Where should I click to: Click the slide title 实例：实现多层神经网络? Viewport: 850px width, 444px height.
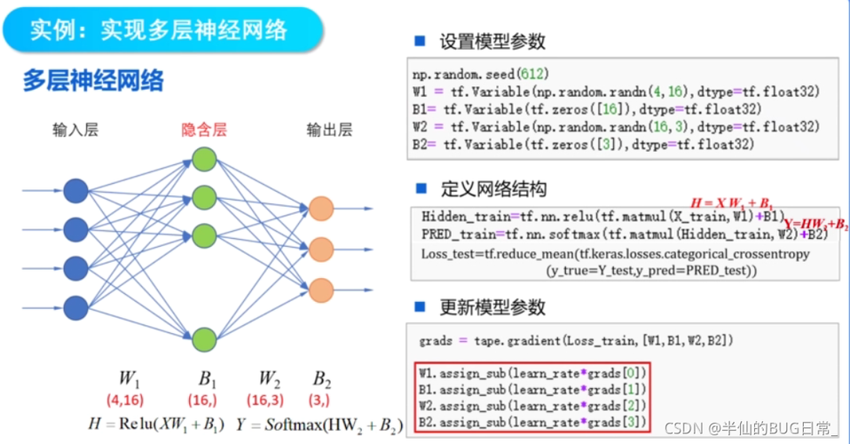pyautogui.click(x=160, y=30)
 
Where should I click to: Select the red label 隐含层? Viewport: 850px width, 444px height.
pyautogui.click(x=204, y=131)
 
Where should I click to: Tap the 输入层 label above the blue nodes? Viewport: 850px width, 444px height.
pyautogui.click(x=75, y=131)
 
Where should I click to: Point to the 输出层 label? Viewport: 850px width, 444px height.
pyautogui.click(x=329, y=131)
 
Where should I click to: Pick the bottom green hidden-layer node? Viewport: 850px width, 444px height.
pyautogui.click(x=204, y=338)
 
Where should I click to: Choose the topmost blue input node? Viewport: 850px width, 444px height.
pyautogui.click(x=75, y=190)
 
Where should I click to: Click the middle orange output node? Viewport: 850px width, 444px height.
pyautogui.click(x=321, y=248)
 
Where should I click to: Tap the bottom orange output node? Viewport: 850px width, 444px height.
pyautogui.click(x=321, y=288)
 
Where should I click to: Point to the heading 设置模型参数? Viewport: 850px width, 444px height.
pyautogui.click(x=492, y=42)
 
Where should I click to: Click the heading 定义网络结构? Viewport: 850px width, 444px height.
pyautogui.click(x=492, y=188)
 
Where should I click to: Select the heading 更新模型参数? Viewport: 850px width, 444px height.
pyautogui.click(x=492, y=308)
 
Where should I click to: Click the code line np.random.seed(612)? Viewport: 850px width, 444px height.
pyautogui.click(x=468, y=75)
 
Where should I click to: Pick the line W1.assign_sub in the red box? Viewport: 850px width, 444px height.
pyautogui.click(x=531, y=373)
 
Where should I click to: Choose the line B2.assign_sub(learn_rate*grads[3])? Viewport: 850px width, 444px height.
pyautogui.click(x=531, y=421)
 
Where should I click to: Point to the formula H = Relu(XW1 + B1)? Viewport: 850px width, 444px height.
pyautogui.click(x=157, y=424)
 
